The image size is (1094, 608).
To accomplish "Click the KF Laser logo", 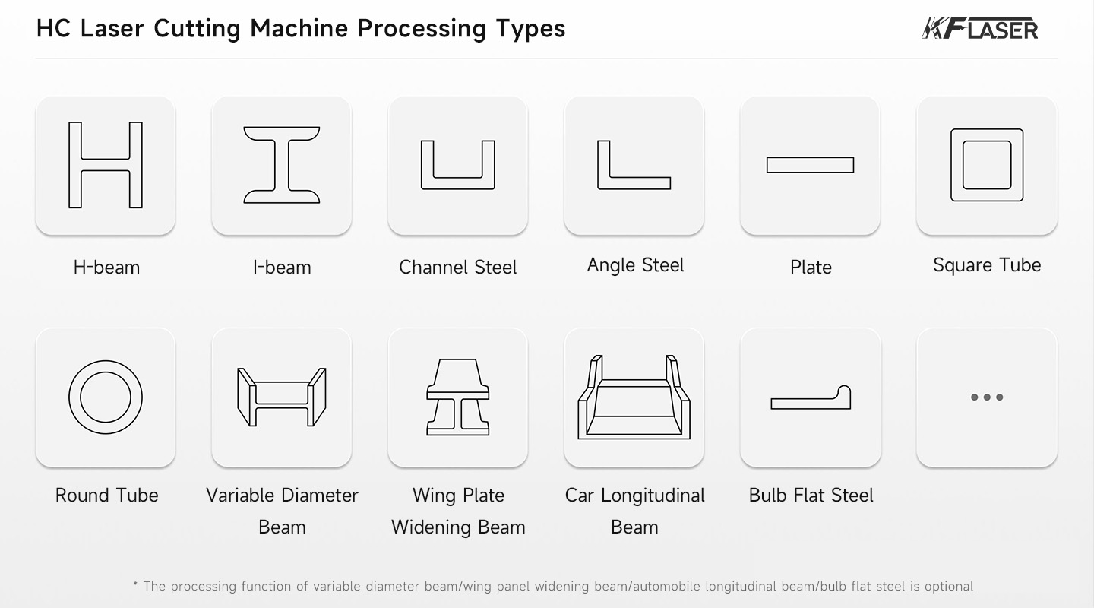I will coord(979,29).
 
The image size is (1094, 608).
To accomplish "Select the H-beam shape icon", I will coord(106,164).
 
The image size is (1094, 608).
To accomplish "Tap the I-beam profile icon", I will coord(282,164).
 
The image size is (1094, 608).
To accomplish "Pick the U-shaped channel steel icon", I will coord(457,165).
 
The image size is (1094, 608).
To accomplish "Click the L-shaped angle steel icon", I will coord(634,165).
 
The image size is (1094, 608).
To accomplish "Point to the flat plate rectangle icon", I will coord(810,165).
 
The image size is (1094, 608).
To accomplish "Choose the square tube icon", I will coord(986,165).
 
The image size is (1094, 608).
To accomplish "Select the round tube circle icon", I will coord(106,397).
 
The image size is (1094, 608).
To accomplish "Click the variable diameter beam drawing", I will coord(282,397).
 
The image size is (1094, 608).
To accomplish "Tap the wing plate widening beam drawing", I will coord(457,397).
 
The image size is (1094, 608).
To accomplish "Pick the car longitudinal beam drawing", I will coord(634,397).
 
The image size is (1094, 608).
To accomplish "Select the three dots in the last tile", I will coord(986,397).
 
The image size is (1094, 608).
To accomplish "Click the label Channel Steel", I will coord(457,268).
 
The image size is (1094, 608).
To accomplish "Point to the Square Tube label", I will coord(986,265).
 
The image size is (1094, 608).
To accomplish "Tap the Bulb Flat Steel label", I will coord(811,496).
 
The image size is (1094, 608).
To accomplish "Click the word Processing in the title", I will coord(421,29).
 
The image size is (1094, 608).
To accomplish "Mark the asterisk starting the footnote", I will coord(135,584).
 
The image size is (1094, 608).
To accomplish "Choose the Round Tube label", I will coord(106,496).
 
